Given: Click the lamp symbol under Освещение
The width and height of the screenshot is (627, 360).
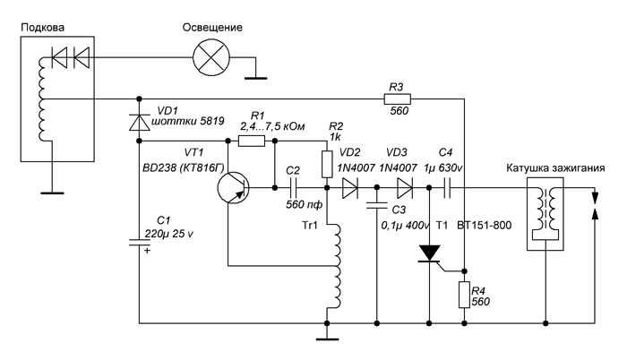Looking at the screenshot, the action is (x=211, y=57).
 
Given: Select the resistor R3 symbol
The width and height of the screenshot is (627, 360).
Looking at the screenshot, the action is (x=398, y=99).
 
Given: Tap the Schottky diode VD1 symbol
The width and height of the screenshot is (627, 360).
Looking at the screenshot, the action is (x=140, y=122).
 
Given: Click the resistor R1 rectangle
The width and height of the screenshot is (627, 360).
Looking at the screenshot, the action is (x=252, y=141).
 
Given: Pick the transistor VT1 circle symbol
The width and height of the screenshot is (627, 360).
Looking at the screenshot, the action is (x=233, y=187).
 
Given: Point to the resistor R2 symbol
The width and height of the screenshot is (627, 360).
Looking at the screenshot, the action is (x=327, y=165).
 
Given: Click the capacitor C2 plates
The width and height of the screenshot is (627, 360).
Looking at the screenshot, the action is (x=293, y=187).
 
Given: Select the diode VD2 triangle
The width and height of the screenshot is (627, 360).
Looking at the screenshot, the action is (x=350, y=187).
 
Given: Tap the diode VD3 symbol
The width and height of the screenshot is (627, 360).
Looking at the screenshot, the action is (x=405, y=187).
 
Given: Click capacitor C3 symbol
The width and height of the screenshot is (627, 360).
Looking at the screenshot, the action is (x=377, y=206).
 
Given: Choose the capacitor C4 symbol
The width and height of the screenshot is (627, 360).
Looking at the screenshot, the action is (x=447, y=187).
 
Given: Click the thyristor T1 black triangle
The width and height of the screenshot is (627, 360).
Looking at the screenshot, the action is (x=429, y=253).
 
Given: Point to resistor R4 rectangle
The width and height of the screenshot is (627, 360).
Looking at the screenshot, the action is (x=464, y=295).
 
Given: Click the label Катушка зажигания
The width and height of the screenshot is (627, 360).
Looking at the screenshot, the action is (x=555, y=168).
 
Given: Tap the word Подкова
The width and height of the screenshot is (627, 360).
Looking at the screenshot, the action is (x=42, y=27).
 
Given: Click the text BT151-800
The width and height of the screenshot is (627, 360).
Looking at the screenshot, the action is (x=485, y=225).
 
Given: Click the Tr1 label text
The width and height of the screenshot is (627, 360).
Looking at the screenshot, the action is (x=310, y=225).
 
